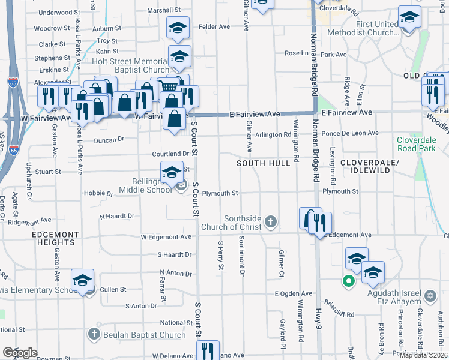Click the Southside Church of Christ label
coord(243,223)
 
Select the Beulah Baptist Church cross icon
coord(94,334)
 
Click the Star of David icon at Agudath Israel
coord(430,296)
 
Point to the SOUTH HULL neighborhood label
coord(259,163)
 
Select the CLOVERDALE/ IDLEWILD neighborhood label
coord(366,166)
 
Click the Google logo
coord(20,353)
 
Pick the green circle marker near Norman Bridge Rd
coord(347,280)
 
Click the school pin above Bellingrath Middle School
coord(172,172)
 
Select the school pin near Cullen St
coord(83,280)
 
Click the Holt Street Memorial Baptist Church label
coord(130,65)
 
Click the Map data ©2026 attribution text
coord(422,355)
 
